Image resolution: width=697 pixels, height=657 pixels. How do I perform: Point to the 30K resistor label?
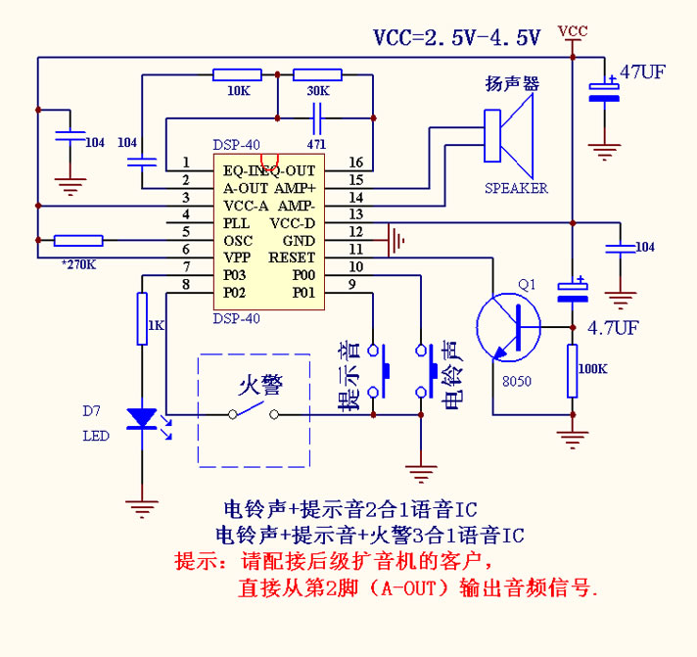317,91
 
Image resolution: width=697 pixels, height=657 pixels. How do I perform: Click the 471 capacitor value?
315,143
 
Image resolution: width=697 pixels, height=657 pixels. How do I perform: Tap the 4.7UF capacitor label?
614,327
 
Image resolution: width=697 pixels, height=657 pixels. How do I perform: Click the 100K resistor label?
593,369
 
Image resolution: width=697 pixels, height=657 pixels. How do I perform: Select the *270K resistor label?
77,264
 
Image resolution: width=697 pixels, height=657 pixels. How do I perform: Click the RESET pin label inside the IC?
292,258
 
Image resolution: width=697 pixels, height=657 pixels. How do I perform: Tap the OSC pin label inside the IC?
238,241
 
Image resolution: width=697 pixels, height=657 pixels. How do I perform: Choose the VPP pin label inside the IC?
238,258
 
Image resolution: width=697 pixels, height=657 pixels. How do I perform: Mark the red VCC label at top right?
572,31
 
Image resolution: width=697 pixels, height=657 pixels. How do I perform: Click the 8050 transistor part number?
516,381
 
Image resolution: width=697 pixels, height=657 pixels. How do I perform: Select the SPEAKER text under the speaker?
516,188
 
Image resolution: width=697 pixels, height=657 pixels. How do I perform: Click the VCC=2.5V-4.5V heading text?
456,38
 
